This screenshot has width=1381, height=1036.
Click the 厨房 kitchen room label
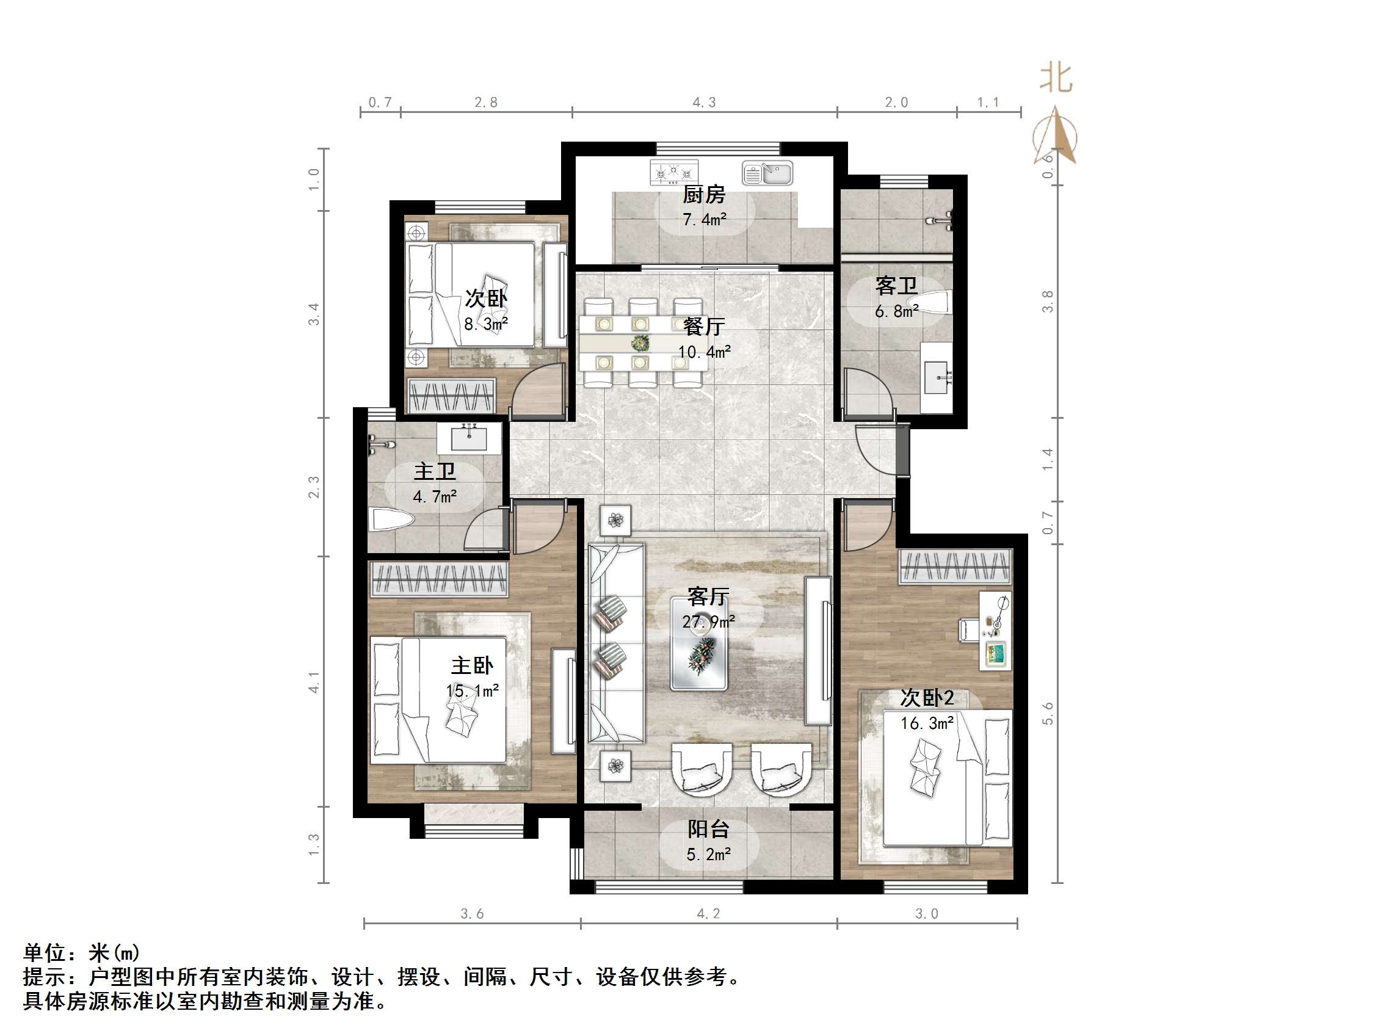[703, 195]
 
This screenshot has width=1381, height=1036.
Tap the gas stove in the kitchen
[673, 172]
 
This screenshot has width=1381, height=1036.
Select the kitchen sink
[767, 173]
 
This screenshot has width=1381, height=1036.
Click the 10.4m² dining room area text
[703, 352]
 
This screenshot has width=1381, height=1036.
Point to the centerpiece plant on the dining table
[639, 343]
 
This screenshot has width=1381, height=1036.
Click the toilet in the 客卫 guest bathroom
[933, 304]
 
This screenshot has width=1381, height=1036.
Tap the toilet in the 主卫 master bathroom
[391, 520]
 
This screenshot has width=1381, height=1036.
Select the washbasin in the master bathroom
[469, 438]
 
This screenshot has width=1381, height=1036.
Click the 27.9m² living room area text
[708, 622]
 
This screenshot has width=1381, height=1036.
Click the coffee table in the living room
[698, 644]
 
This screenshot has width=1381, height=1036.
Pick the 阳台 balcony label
[708, 829]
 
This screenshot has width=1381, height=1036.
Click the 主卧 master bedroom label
[472, 665]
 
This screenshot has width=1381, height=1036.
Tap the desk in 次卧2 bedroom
[995, 630]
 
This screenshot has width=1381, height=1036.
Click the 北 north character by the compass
[1055, 79]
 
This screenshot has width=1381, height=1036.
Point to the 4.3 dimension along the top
[703, 103]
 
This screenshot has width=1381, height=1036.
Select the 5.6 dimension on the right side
[1048, 713]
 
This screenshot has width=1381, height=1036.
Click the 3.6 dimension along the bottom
[471, 914]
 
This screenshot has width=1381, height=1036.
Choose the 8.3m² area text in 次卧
[485, 324]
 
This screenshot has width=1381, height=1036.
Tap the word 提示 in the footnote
[45, 977]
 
